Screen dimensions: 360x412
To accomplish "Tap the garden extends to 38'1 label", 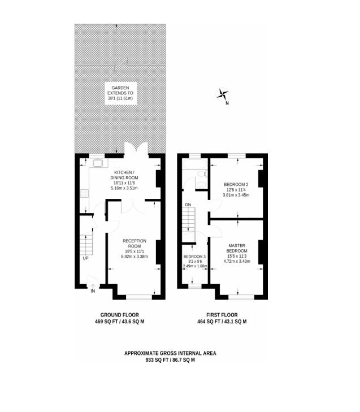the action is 120,93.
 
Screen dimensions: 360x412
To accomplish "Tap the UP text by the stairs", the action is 86,258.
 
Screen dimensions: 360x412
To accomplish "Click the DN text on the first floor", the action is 188,205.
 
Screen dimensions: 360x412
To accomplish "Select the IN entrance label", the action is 93,291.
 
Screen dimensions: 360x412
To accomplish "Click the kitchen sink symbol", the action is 98,163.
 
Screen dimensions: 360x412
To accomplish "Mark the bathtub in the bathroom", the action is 195,164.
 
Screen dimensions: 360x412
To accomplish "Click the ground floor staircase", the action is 86,245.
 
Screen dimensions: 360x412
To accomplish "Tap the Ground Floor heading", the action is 120,315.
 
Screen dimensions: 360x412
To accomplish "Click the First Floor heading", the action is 222,315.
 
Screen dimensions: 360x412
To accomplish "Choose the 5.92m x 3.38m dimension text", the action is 135,257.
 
